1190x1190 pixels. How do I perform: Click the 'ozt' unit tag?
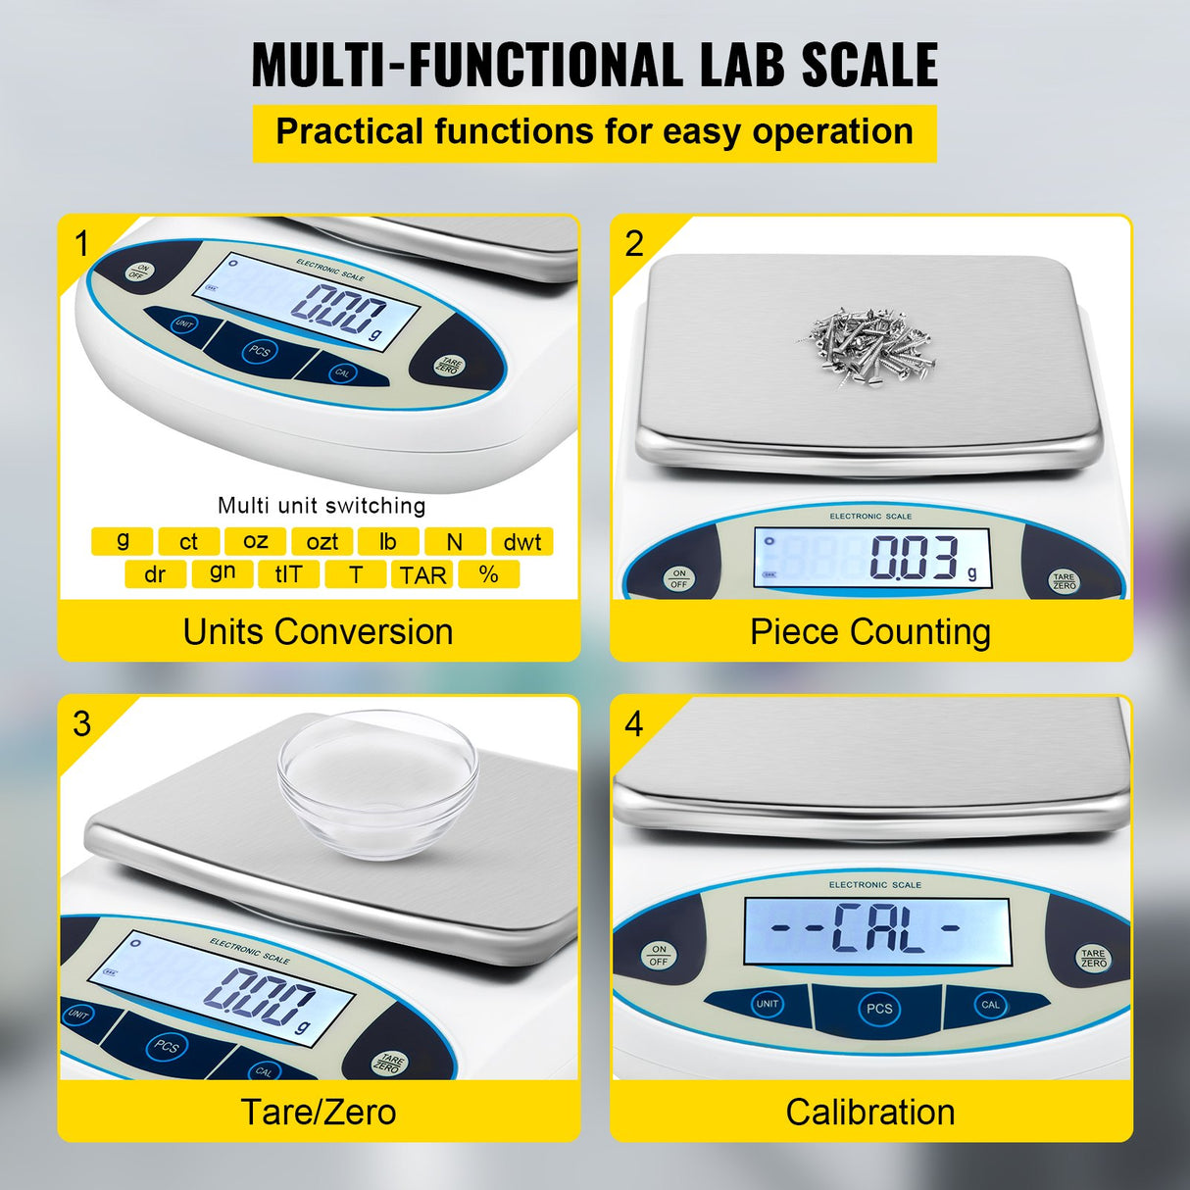click(322, 542)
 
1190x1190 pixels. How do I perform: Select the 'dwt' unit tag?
click(521, 542)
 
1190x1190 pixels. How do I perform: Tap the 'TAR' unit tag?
click(422, 575)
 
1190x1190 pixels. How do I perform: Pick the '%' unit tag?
click(489, 575)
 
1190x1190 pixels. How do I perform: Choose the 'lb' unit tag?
click(388, 542)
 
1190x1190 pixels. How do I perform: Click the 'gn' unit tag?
click(223, 573)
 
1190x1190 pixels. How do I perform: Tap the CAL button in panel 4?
click(990, 1005)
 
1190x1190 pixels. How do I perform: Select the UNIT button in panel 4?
click(767, 1004)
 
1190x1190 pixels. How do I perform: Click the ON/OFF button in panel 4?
click(659, 955)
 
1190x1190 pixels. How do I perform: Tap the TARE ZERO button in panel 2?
click(1064, 581)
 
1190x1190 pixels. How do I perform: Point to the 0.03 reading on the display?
click(914, 558)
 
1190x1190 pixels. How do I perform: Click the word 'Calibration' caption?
click(870, 1113)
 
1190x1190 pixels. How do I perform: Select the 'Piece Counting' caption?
click(870, 632)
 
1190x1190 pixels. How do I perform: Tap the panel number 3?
click(82, 724)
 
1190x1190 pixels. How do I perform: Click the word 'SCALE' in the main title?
click(869, 66)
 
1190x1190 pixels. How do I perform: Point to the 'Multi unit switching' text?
click(322, 506)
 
